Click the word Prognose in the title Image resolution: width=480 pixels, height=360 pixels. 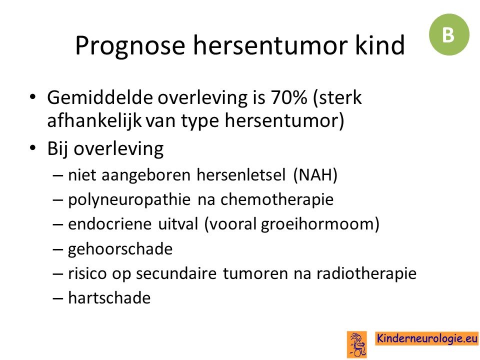(130, 46)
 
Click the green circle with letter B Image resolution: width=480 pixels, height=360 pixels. (449, 34)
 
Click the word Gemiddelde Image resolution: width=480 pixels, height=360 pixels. (100, 97)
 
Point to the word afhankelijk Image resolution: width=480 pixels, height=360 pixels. (94, 120)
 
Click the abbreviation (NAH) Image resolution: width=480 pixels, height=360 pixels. (315, 175)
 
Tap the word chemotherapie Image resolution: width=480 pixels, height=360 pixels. (277, 199)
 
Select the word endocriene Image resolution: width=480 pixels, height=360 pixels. (109, 224)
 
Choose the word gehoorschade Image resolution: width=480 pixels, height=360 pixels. (120, 249)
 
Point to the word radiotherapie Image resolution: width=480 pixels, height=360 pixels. (366, 273)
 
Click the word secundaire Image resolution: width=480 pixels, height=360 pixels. (176, 273)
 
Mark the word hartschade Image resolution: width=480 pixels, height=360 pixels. (109, 298)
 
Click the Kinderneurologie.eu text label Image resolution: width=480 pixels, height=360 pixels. (427, 338)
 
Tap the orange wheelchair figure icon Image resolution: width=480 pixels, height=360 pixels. (357, 344)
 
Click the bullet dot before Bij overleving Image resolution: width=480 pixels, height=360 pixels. (32, 148)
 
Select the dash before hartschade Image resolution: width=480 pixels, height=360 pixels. (57, 298)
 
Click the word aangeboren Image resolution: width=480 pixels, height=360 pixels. (145, 175)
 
